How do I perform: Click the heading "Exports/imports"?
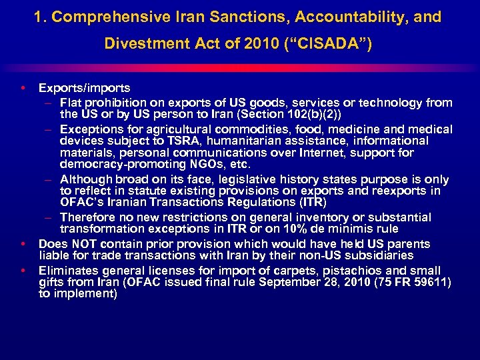tap(84, 88)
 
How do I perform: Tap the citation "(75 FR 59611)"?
tap(412, 283)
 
